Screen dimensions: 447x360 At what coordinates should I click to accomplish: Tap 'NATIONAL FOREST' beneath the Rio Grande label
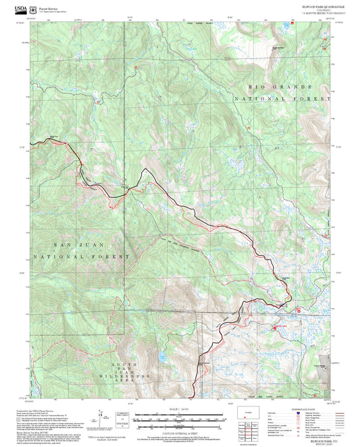[283, 99]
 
